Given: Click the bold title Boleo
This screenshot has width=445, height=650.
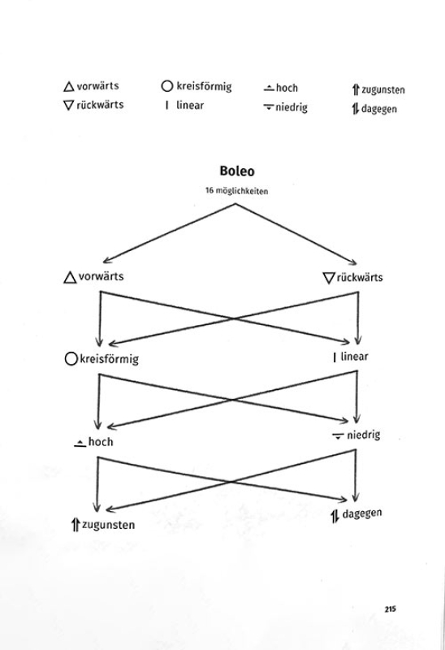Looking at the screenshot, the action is tap(236, 171).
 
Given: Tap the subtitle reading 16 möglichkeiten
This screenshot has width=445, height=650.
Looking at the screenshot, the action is tap(236, 191).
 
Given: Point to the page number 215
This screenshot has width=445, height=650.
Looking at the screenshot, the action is tap(390, 609).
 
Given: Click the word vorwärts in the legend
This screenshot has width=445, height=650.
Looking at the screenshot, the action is tap(97, 86).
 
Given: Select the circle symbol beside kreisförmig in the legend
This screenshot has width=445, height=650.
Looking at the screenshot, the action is tap(166, 86).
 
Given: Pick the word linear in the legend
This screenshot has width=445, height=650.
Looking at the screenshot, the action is tap(190, 105).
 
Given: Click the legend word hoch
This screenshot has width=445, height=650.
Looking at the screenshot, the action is tap(287, 88).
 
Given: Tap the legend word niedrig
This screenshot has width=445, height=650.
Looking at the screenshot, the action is tap(292, 107).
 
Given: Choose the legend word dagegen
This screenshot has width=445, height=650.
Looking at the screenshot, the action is tap(379, 109).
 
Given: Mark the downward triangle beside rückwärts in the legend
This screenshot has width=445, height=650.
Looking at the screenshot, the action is tap(68, 105).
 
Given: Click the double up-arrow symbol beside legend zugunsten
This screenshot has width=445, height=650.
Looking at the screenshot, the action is tap(355, 89).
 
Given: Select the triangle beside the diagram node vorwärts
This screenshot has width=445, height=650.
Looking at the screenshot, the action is tap(70, 277).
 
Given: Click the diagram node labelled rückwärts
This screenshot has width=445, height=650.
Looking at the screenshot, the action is tap(360, 277).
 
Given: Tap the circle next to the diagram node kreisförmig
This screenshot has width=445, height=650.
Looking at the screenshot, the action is tap(71, 358).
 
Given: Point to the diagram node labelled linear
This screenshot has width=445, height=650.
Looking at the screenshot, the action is tap(354, 357).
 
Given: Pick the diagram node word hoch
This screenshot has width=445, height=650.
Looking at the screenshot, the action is tap(101, 442).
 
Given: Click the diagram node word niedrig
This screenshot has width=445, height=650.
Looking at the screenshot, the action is tap(363, 435).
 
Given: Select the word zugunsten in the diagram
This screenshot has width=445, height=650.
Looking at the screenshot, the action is tap(108, 525).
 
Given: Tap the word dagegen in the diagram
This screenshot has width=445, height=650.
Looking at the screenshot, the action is tap(362, 513).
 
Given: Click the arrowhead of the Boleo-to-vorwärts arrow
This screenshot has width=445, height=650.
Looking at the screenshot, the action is tap(105, 261).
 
